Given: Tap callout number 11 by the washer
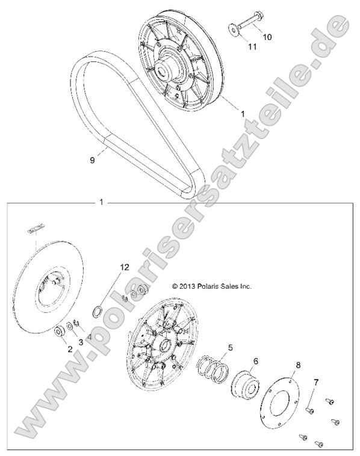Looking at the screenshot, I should (252, 46).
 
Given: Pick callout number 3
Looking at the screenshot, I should (80, 342).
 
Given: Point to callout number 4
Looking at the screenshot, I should (90, 337).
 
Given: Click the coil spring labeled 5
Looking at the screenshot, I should (212, 368).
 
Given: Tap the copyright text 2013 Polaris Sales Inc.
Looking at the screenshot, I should (211, 287).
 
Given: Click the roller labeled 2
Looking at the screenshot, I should (61, 331).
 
